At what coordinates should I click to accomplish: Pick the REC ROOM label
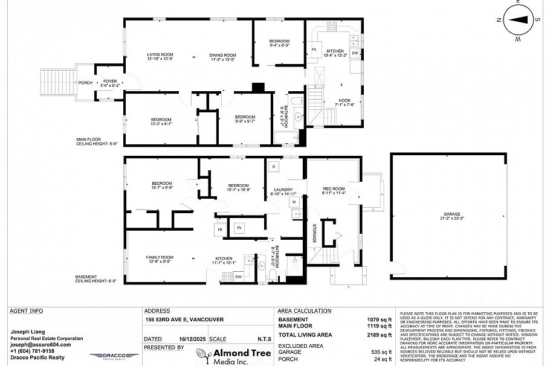click(x=334, y=191)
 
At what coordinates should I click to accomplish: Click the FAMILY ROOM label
click(x=160, y=258)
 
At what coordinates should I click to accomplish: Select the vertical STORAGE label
click(x=314, y=233)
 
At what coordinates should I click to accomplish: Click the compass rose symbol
click(x=518, y=19)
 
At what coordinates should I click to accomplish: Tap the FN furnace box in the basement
click(x=239, y=227)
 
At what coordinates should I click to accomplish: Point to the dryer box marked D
click(x=273, y=165)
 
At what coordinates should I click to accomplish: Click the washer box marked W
click(x=294, y=201)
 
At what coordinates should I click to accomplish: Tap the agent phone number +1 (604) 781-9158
click(x=33, y=351)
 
